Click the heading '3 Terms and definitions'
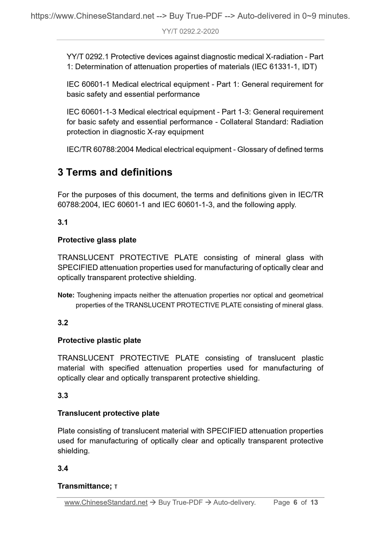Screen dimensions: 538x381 [x=115, y=172]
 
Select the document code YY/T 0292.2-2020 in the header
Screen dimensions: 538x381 [x=190, y=32]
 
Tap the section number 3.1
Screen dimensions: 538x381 [x=63, y=222]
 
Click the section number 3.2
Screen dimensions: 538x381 [x=63, y=323]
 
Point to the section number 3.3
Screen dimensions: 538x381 [x=63, y=396]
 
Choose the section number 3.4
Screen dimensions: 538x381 [x=63, y=469]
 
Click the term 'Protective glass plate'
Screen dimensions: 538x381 [x=97, y=240]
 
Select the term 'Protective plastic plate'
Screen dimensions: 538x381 [x=99, y=340]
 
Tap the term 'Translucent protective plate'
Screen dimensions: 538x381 [x=108, y=413]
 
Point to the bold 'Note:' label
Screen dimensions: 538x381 [x=66, y=295]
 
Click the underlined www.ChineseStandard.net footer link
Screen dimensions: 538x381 [x=106, y=502]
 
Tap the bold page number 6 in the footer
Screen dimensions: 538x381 [x=295, y=502]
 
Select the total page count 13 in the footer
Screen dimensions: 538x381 [x=314, y=502]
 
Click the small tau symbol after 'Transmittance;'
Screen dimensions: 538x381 [x=116, y=487]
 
